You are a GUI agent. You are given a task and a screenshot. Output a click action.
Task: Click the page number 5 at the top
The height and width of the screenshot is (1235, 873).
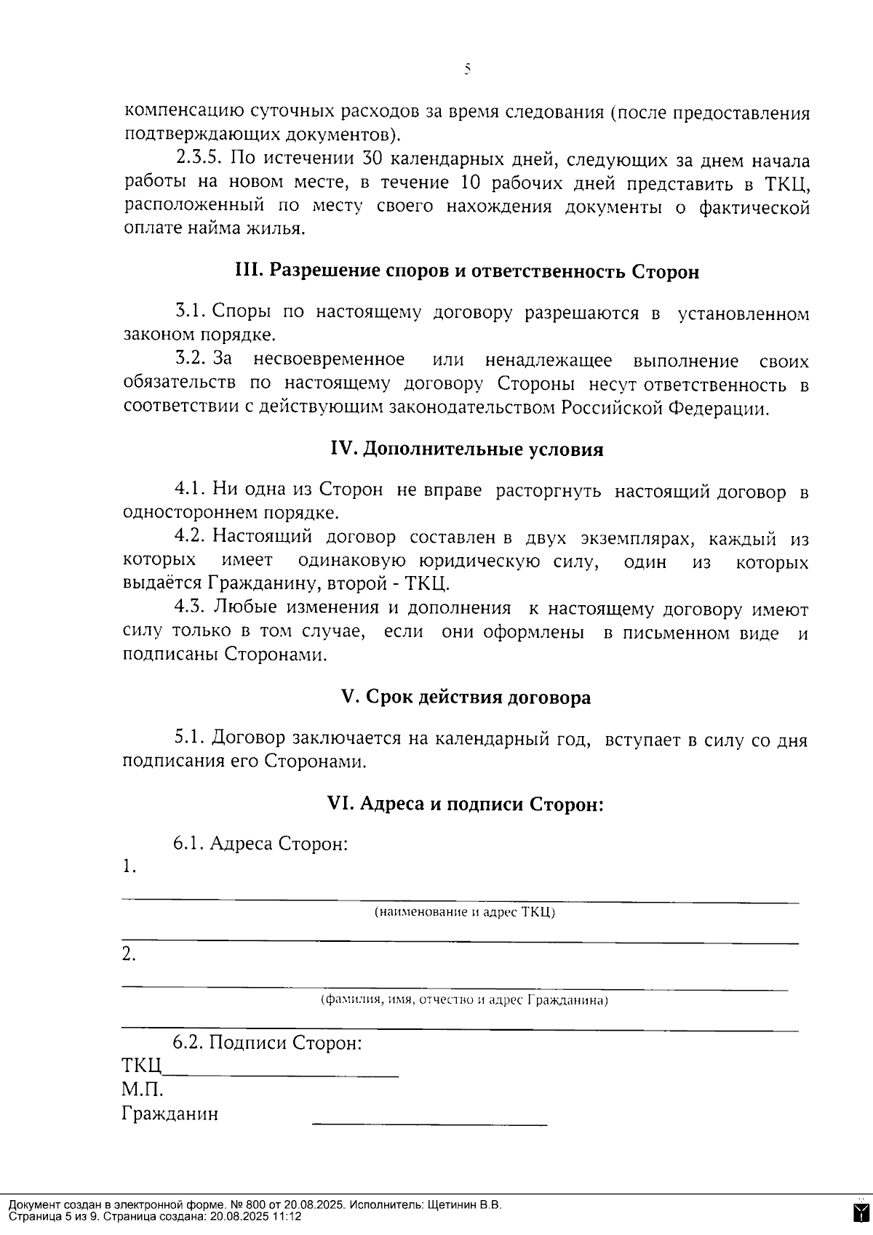click(x=467, y=69)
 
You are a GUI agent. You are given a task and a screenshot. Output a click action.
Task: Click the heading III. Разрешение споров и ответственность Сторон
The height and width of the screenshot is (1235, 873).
click(x=467, y=271)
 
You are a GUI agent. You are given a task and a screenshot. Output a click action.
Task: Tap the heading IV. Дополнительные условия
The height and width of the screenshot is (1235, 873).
click(x=467, y=449)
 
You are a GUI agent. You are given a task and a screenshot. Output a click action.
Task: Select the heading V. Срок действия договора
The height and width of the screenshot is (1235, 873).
click(x=466, y=697)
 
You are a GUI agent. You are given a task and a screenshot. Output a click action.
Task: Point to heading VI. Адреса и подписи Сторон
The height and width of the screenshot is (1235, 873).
click(x=466, y=804)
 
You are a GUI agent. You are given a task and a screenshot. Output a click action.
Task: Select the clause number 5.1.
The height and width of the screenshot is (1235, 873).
click(x=191, y=738)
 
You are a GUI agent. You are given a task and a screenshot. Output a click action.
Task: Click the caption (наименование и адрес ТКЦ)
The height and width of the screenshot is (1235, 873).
click(x=464, y=912)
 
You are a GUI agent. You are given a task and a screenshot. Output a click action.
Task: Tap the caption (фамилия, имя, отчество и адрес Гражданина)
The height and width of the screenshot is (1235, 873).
click(x=464, y=1000)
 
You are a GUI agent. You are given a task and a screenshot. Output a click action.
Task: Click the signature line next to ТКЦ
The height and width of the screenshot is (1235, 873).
click(x=281, y=1074)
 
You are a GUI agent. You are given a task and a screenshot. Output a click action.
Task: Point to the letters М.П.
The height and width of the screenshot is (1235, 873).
click(x=142, y=1090)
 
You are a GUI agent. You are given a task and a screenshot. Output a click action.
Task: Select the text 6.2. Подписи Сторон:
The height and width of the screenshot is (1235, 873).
click(x=267, y=1042)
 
